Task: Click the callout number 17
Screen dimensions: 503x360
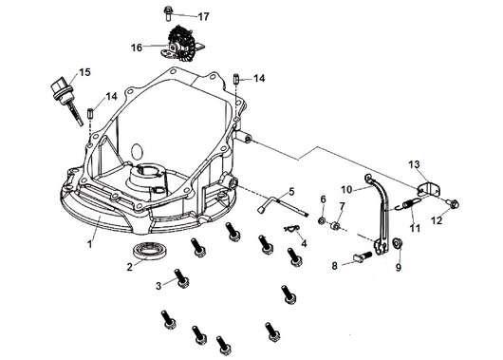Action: (203, 16)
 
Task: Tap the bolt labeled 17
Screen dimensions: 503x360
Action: (168, 13)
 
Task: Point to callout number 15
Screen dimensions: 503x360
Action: (84, 72)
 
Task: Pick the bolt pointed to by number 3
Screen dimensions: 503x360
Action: (181, 278)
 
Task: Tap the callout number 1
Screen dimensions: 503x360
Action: (90, 244)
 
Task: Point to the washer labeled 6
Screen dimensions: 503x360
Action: (322, 220)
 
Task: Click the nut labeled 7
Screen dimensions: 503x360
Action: (336, 226)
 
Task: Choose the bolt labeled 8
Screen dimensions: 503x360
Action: (363, 256)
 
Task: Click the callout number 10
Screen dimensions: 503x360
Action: (346, 189)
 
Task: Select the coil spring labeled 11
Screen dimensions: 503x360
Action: (409, 204)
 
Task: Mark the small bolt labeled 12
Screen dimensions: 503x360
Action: (453, 203)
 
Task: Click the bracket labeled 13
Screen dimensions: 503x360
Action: (430, 189)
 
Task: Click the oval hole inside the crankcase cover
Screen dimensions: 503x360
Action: (137, 151)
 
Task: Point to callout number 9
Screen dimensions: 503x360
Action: (398, 267)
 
